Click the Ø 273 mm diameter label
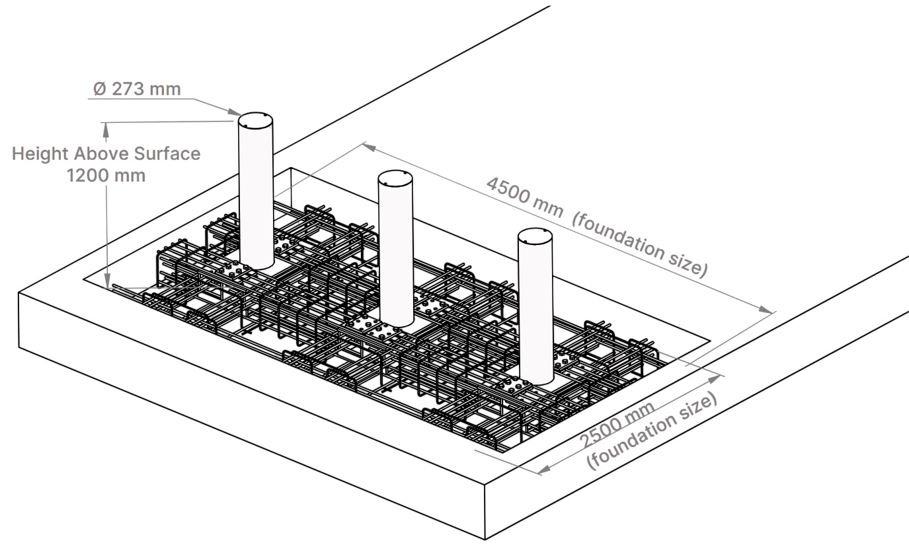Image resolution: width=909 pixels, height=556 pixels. point(137,89)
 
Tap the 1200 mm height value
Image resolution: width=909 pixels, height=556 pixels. point(106,176)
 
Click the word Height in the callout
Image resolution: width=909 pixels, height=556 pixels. point(40,154)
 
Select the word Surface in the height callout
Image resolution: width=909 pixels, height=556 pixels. point(167,154)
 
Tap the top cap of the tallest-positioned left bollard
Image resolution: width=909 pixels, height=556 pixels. point(255,121)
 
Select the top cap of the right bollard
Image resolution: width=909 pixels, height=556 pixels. point(535,236)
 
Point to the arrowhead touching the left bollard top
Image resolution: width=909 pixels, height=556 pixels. point(235,112)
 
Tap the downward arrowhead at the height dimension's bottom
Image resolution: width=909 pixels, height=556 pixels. point(107,281)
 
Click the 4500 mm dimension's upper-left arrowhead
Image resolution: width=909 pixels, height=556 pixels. point(370,147)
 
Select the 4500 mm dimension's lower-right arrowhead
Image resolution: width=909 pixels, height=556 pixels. point(766,310)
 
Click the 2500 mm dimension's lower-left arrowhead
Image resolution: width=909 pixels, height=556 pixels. point(545,469)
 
